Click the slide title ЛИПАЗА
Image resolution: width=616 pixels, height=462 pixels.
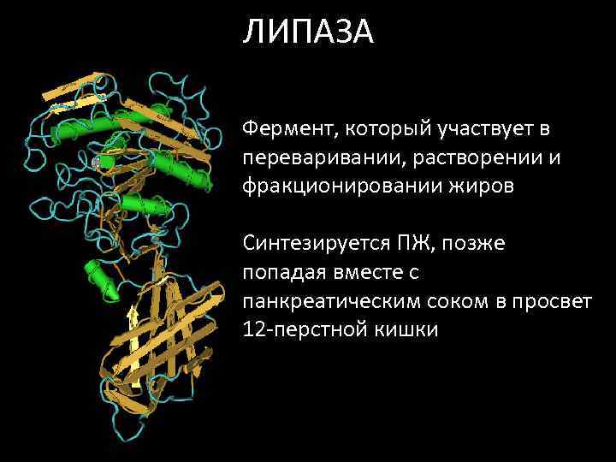(x=307, y=33)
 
